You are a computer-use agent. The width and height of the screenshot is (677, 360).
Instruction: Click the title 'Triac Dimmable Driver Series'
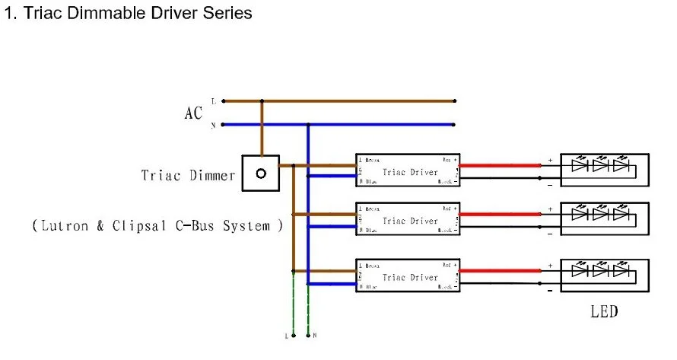(x=128, y=14)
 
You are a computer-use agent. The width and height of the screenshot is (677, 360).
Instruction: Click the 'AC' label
(x=193, y=113)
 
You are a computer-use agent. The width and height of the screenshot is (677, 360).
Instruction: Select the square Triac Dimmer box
(x=261, y=174)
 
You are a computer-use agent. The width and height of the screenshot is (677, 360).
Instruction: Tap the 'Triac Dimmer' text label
(x=188, y=175)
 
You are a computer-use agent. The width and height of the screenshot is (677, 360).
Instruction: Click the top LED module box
(x=605, y=170)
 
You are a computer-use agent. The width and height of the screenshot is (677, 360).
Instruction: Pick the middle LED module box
(x=605, y=218)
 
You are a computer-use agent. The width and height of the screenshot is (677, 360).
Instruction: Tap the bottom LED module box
(x=605, y=275)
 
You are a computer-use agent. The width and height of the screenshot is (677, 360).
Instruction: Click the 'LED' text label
(x=604, y=311)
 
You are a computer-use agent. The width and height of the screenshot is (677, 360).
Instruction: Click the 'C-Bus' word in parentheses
(x=205, y=226)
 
